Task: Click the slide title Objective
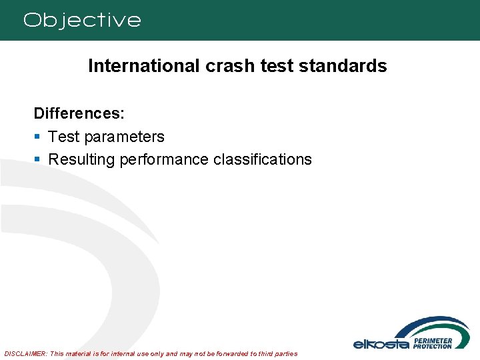click(x=82, y=20)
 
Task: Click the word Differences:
click(x=79, y=113)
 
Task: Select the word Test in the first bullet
click(x=63, y=137)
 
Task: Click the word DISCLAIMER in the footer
click(x=25, y=353)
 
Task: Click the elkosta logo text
click(x=381, y=343)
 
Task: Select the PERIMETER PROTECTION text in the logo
click(x=433, y=343)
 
